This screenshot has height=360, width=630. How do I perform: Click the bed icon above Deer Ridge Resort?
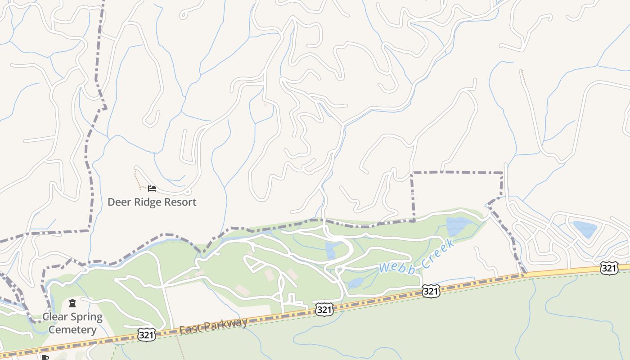pos(152,189)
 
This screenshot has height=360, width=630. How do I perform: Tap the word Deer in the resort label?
pos(118,202)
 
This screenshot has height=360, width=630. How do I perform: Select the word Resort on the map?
pos(180,202)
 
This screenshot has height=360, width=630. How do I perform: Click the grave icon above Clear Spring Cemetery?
pos(72,303)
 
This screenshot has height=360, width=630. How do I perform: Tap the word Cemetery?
pos(72,330)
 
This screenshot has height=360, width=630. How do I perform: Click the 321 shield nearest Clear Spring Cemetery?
pos(147,334)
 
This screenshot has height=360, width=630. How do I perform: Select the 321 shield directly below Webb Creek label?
pos(431,292)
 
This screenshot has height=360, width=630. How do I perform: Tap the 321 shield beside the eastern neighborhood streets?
pos(609,268)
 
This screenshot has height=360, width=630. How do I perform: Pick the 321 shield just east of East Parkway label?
pos(324,309)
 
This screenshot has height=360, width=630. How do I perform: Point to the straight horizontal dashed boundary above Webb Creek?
pos(457,172)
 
